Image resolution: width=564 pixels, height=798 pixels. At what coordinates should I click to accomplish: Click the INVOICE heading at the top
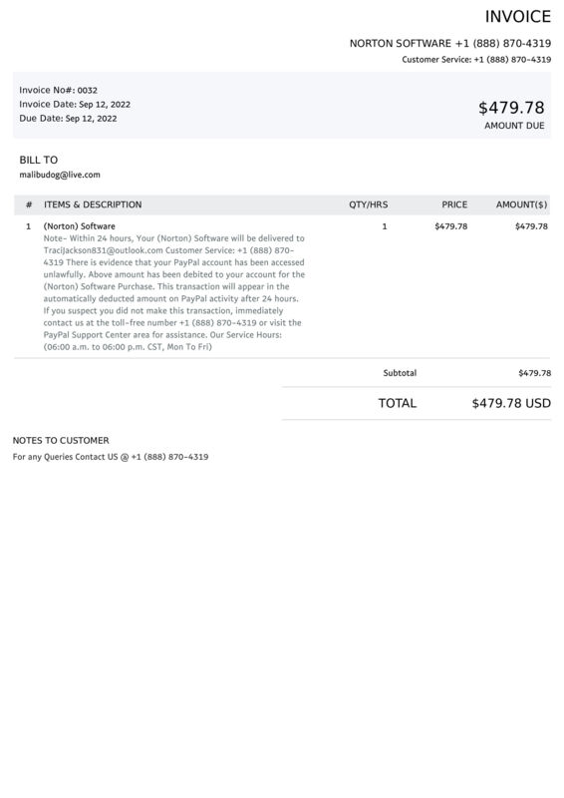[517, 17]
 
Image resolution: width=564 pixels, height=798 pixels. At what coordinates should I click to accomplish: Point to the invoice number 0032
[88, 90]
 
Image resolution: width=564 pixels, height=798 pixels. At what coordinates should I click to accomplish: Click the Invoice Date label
[48, 104]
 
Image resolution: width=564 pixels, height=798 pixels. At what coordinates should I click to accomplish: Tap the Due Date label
[41, 118]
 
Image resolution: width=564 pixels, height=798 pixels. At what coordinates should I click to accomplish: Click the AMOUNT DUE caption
[514, 127]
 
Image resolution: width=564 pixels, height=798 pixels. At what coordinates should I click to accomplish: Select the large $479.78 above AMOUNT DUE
[511, 107]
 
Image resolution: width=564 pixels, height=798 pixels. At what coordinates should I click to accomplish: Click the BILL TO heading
[39, 160]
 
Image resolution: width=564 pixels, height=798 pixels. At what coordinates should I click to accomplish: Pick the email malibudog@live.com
[60, 175]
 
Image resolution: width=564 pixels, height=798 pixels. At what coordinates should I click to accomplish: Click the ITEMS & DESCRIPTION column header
[93, 204]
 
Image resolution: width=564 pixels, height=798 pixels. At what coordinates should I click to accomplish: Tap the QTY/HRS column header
[368, 204]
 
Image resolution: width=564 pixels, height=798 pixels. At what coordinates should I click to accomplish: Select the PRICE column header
[454, 204]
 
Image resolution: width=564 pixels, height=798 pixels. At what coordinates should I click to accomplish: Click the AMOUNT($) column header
[521, 204]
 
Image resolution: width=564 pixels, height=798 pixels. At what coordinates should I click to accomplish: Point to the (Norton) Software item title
[80, 226]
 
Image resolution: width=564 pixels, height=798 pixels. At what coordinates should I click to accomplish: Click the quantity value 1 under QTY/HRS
[385, 226]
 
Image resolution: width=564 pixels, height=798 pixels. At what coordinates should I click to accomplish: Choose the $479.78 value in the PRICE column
[451, 226]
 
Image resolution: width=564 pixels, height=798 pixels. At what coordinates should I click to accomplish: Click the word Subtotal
[400, 373]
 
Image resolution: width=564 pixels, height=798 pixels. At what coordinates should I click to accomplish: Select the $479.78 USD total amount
[511, 404]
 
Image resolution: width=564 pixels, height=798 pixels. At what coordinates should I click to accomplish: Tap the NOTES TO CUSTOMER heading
[61, 440]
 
